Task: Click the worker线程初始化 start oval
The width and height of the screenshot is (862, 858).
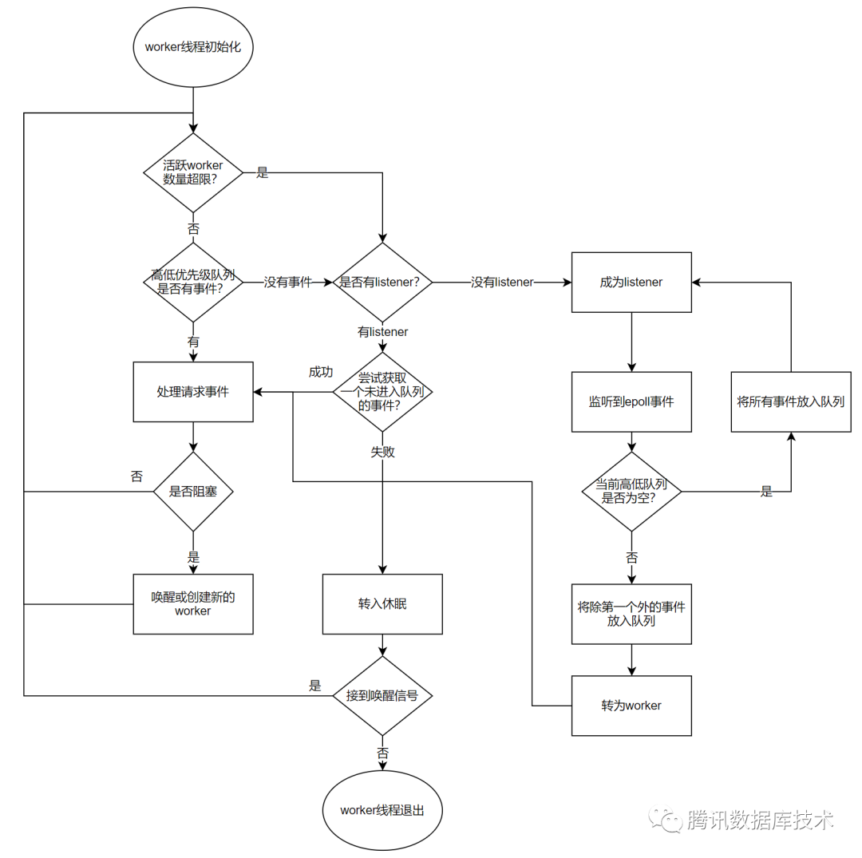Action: [x=193, y=46]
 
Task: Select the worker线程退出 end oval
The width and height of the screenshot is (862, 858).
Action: [x=382, y=810]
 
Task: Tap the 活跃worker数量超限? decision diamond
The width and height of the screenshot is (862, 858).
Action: [x=193, y=172]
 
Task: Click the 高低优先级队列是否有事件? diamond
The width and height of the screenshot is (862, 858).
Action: [x=193, y=282]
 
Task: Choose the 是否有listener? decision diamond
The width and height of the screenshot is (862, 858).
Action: [x=382, y=282]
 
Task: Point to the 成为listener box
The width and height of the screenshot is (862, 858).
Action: [x=631, y=282]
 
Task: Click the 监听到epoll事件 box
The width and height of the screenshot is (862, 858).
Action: [x=631, y=401]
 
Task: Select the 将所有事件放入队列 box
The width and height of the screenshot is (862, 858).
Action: [x=790, y=401]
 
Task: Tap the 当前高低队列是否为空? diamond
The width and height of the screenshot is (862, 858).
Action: [x=631, y=492]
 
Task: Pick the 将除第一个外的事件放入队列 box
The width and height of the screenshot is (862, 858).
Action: [x=631, y=613]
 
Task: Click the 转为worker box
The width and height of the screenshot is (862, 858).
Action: [x=631, y=706]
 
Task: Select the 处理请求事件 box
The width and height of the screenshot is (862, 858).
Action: [x=193, y=392]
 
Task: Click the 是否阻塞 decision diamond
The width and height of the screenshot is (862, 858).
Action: [x=193, y=492]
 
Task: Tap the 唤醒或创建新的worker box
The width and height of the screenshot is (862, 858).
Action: [x=193, y=603]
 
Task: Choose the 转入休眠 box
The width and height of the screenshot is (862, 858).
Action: [x=382, y=603]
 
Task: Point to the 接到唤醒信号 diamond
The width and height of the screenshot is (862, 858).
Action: [x=382, y=695]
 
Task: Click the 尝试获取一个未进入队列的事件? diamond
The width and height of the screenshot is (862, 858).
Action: [x=382, y=392]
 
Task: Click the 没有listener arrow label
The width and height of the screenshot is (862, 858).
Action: [x=502, y=282]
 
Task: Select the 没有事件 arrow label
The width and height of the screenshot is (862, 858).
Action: [x=287, y=282]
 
